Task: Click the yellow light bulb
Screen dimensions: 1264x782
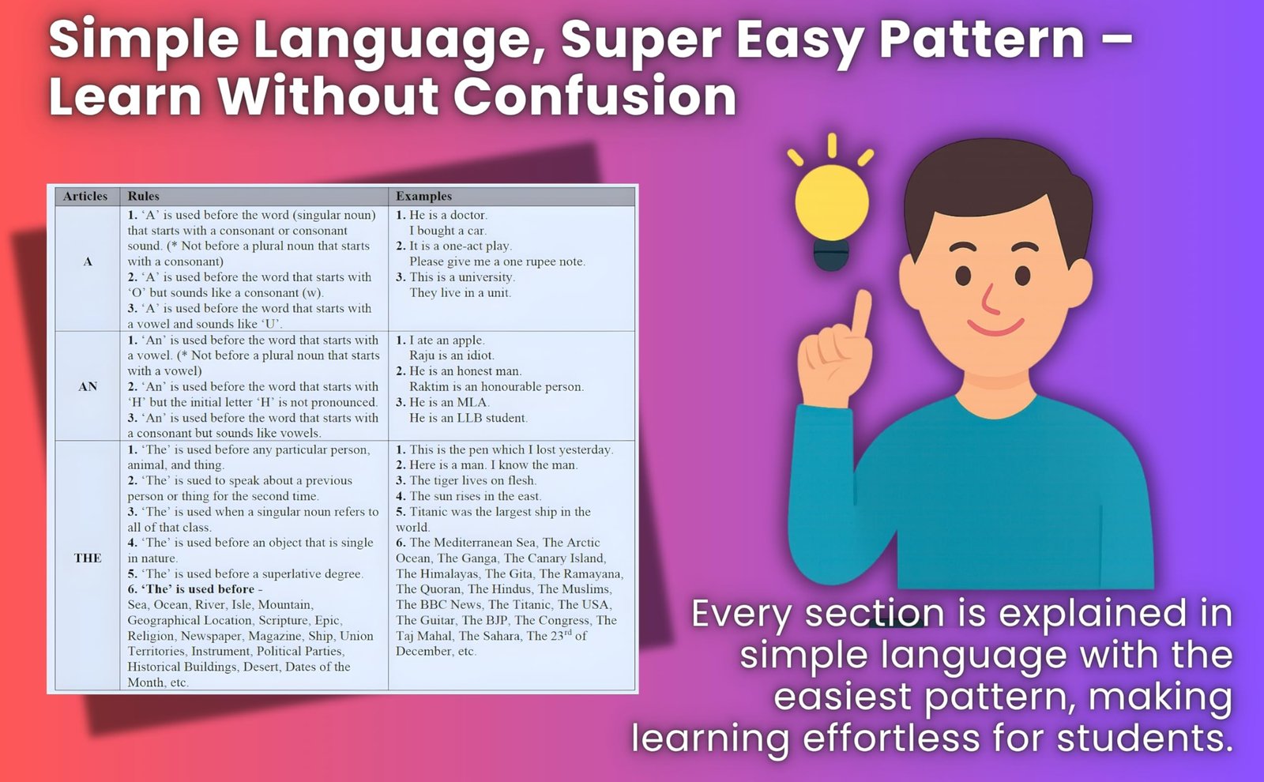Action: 831,204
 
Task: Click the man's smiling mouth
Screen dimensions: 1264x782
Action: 995,327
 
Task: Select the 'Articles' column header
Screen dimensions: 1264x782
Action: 85,196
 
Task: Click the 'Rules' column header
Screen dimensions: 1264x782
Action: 143,196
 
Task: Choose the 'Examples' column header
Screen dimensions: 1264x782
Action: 423,196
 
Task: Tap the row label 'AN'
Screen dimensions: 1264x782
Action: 88,386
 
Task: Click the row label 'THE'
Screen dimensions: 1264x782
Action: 88,558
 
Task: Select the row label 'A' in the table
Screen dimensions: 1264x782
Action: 88,261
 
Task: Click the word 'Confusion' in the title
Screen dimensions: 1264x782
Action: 595,95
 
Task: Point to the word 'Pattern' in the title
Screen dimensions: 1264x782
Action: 982,39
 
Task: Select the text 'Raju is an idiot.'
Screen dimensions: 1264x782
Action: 452,355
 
